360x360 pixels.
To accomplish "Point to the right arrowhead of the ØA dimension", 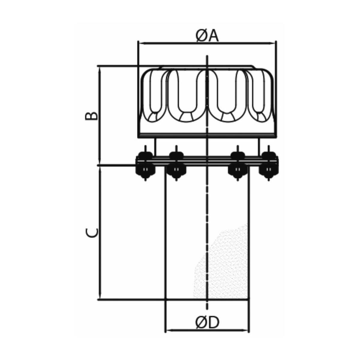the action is (273, 43).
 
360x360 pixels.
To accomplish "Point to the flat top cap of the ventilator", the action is (207, 67).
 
